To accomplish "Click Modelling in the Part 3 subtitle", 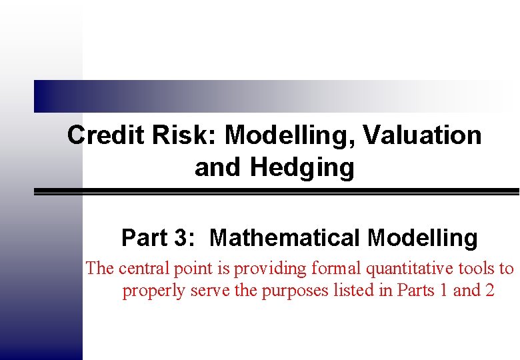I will coord(422,237).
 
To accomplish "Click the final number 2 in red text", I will coord(489,291).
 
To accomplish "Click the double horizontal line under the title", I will coord(277,191).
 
